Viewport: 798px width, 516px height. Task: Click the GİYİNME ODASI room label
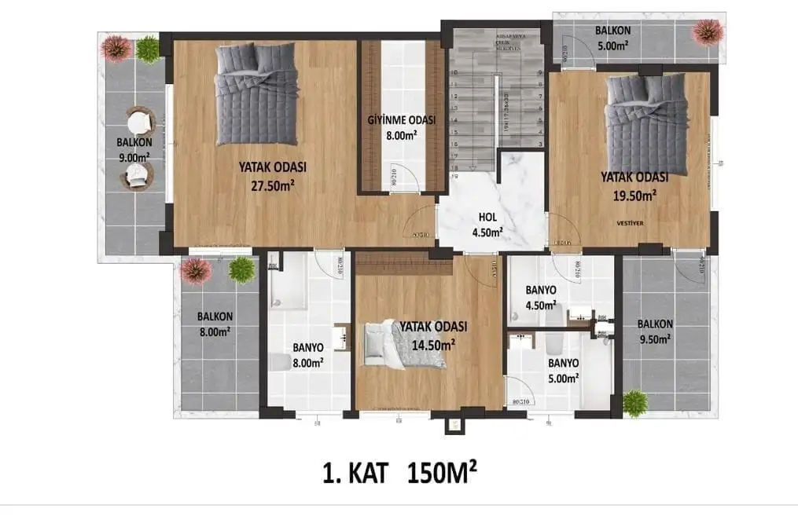tap(401, 120)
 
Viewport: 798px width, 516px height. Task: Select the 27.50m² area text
tap(273, 185)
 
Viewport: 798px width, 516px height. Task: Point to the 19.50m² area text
tap(634, 195)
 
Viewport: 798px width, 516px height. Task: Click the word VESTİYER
tap(631, 223)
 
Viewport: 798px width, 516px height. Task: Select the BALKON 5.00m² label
tap(612, 38)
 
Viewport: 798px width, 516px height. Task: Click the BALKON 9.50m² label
tap(654, 331)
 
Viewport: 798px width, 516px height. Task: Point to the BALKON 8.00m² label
tap(214, 324)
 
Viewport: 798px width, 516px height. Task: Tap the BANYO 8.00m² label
tap(308, 354)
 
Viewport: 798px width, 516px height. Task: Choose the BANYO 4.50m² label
tap(541, 297)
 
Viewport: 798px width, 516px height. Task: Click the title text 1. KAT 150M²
tap(399, 474)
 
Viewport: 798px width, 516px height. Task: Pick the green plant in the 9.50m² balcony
tap(635, 403)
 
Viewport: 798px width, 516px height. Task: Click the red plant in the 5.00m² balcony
tap(708, 32)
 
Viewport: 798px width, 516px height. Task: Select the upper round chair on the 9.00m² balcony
tap(141, 123)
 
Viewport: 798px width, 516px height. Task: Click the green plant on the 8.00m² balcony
tap(241, 269)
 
